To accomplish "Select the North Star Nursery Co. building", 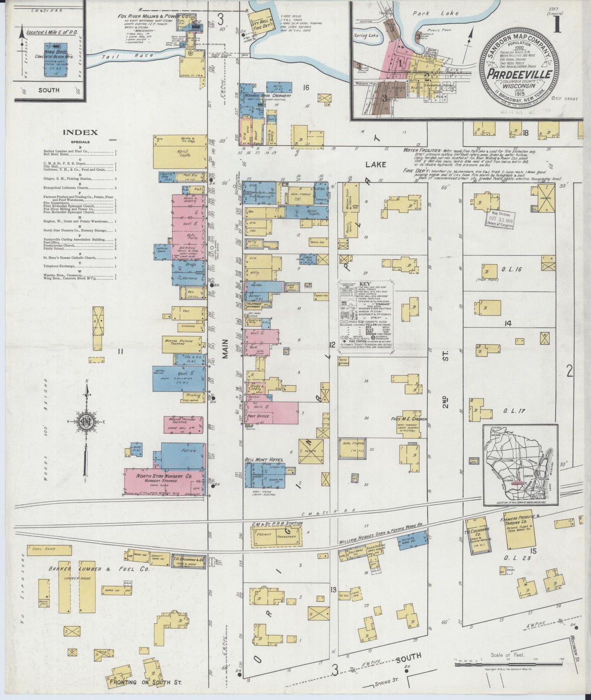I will point(164,482).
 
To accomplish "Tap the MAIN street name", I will point(225,351).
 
